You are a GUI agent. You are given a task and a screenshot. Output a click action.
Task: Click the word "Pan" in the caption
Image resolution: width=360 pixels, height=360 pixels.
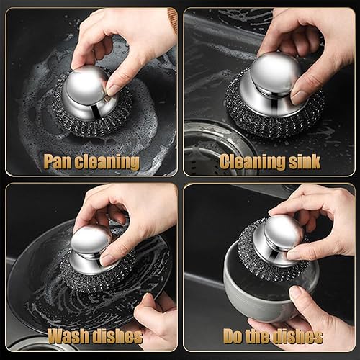(57, 161)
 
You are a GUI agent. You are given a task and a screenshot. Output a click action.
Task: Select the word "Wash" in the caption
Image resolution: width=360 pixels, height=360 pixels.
(69, 336)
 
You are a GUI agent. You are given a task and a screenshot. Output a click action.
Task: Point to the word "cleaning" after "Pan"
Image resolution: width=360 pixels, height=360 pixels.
(107, 162)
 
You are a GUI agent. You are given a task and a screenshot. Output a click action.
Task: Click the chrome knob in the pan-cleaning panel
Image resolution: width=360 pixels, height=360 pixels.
(89, 93)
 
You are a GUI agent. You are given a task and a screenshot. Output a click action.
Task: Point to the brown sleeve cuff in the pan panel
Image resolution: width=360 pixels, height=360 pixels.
(173, 19)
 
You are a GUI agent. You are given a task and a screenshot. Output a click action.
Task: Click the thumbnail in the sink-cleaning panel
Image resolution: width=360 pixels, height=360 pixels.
(299, 97)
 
